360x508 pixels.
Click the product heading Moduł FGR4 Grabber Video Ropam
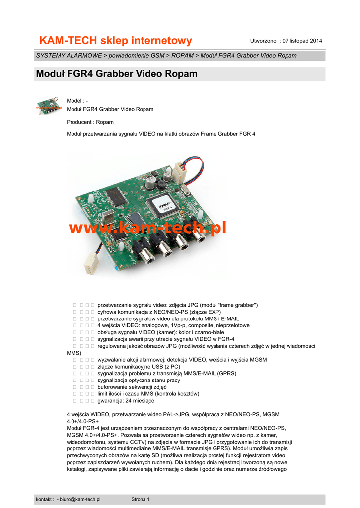[117, 74]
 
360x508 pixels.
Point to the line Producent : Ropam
[90, 122]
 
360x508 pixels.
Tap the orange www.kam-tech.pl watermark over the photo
[147, 228]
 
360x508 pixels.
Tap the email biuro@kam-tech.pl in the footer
[80, 499]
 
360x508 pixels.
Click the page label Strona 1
[141, 499]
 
